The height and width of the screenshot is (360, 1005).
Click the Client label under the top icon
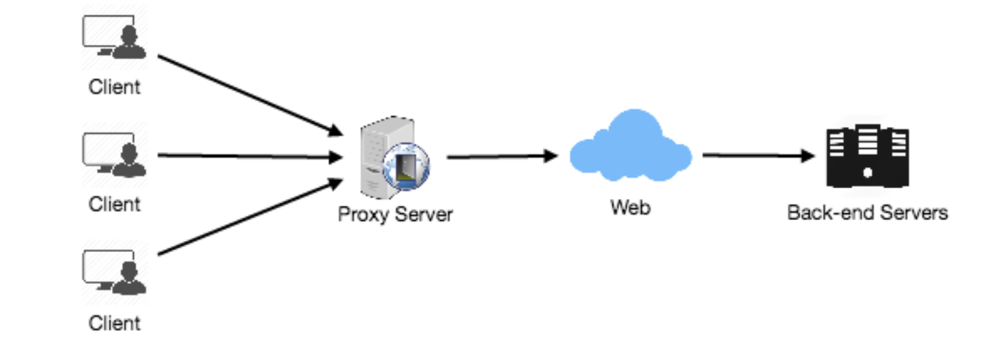pos(114,87)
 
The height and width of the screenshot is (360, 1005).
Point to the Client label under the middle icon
pos(114,204)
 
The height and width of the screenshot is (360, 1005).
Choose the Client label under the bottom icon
pos(114,322)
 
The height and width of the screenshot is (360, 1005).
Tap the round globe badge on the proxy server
pos(406,166)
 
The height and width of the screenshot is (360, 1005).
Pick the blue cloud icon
pos(630,149)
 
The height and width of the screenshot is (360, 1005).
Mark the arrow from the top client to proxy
pos(248,94)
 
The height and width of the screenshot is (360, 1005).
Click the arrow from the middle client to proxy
pos(248,156)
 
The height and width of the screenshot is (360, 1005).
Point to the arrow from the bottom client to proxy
pos(248,217)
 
